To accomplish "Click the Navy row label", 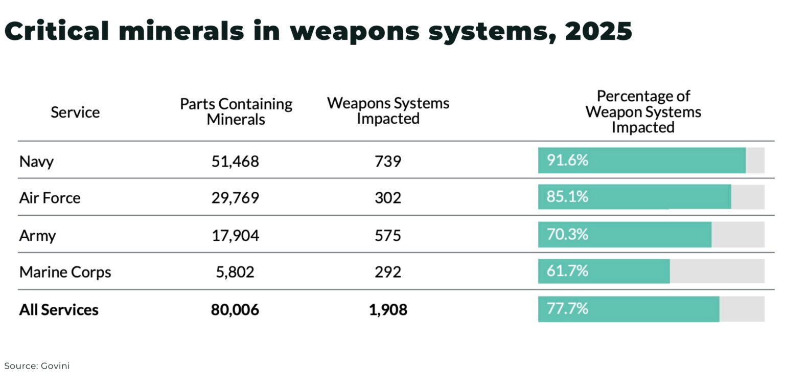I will [36, 162].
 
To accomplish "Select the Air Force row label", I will [50, 198].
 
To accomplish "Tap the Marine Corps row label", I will [65, 272].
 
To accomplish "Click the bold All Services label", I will [59, 310].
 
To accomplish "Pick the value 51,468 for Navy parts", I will [235, 162].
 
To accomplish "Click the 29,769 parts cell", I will [235, 198].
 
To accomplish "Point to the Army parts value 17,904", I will [235, 235].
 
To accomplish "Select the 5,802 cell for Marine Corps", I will [235, 272].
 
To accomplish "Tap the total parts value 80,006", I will [235, 310].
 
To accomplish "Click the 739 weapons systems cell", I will [388, 162].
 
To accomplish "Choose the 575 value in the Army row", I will [388, 235].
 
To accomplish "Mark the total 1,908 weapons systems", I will [388, 310].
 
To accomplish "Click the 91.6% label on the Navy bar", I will [567, 161].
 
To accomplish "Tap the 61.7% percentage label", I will [567, 271].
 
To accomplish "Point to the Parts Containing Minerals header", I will [236, 111].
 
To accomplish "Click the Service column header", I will [75, 112].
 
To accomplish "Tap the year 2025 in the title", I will [598, 32].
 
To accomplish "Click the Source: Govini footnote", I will [37, 366].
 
